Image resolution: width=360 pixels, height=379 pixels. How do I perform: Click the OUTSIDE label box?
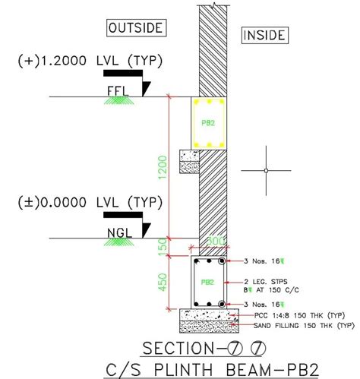[x=136, y=28]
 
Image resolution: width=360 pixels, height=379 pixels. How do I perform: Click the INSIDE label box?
[x=263, y=35]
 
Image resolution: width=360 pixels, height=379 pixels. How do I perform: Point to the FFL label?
[x=116, y=89]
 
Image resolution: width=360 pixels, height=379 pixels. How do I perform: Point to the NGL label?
[x=116, y=231]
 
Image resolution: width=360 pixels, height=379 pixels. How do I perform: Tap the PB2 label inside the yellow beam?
[x=207, y=122]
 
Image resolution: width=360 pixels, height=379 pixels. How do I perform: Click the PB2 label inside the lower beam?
[x=207, y=282]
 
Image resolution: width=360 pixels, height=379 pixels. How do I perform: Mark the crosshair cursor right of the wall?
[x=266, y=170]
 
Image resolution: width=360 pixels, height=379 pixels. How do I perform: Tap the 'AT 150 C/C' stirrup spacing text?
[x=276, y=289]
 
